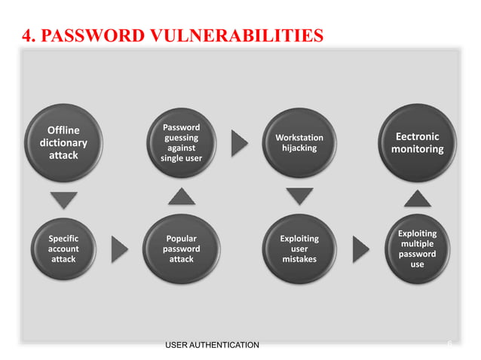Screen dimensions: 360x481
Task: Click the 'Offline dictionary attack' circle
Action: (63, 142)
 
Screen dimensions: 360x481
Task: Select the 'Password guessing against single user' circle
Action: (181, 143)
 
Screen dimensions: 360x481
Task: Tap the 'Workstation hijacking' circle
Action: (299, 143)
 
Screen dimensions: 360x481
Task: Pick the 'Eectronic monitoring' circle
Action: (417, 143)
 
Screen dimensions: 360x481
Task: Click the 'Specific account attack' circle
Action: (63, 249)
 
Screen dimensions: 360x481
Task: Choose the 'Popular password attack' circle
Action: (181, 249)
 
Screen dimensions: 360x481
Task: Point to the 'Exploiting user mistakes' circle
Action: (299, 249)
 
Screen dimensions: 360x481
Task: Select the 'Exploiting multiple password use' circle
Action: (417, 249)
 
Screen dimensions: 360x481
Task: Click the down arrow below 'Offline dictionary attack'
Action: (63, 200)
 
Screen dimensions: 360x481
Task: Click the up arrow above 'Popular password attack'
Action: (181, 197)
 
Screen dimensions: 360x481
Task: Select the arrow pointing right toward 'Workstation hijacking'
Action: (239, 142)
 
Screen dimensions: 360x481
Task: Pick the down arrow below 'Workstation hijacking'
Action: (299, 197)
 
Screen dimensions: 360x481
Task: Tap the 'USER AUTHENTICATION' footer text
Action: (211, 345)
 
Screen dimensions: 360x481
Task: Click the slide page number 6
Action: (449, 343)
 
